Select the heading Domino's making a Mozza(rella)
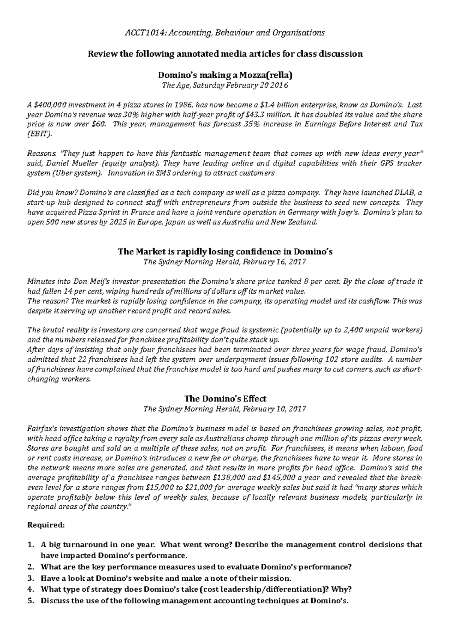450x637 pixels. pos(225,75)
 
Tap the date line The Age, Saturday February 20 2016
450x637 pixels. pos(225,85)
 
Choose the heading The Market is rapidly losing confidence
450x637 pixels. pos(225,252)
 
